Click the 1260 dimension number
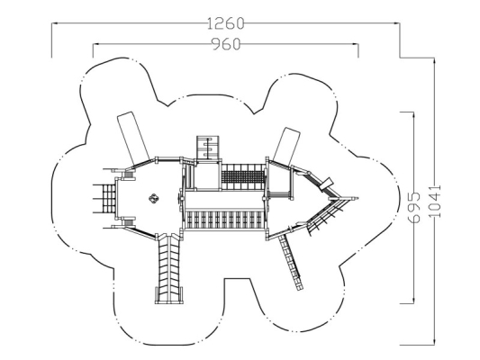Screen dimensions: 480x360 (226, 23)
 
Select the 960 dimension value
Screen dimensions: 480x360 (226, 44)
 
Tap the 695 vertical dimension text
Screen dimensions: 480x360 (414, 207)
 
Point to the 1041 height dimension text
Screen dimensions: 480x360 (435, 201)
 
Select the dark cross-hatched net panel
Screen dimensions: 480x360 (243, 177)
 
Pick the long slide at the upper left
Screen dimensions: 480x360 (133, 138)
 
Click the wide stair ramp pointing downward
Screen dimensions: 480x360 (169, 268)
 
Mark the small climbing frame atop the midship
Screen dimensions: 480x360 (208, 148)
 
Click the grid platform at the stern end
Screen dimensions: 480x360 (104, 199)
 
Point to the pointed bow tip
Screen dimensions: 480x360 (358, 198)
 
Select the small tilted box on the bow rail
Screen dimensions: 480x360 (326, 184)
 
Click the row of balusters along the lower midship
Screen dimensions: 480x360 (223, 220)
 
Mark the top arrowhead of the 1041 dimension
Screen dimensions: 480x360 (434, 60)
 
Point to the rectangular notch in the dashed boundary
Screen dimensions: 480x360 (238, 279)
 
